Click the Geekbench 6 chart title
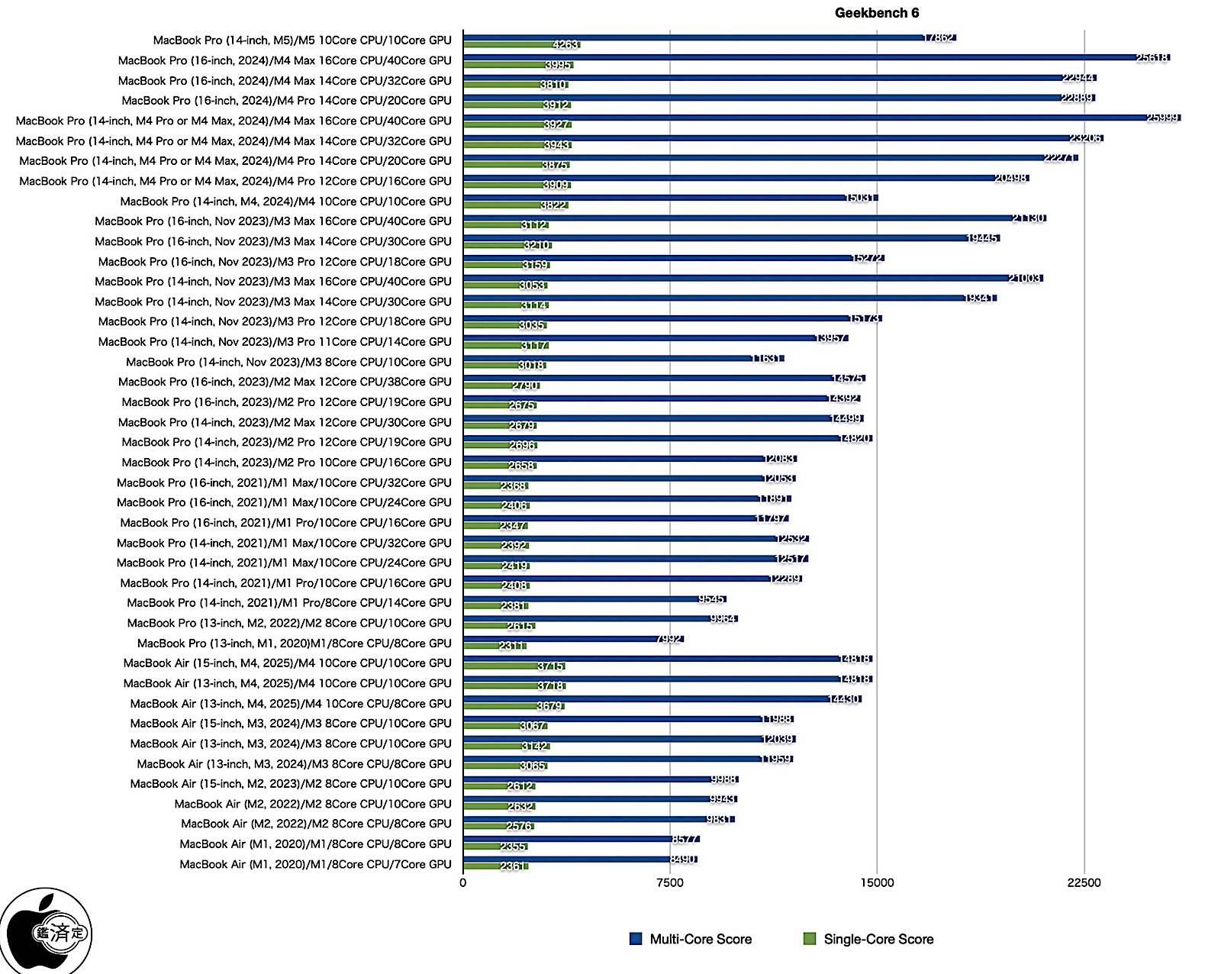[876, 13]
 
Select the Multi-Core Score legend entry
[691, 939]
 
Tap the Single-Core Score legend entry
[868, 939]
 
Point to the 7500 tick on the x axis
[670, 883]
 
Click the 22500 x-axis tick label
[1084, 883]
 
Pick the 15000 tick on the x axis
[877, 883]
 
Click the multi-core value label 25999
[1163, 118]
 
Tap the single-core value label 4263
[565, 45]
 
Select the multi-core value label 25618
[1152, 58]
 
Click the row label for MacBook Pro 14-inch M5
[302, 40]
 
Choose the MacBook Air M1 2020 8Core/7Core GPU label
[315, 864]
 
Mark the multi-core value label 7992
[669, 639]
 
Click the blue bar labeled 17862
[687, 37]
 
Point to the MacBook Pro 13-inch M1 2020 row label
[294, 643]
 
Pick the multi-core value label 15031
[860, 198]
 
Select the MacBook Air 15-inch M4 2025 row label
[287, 663]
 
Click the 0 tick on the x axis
[463, 883]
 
